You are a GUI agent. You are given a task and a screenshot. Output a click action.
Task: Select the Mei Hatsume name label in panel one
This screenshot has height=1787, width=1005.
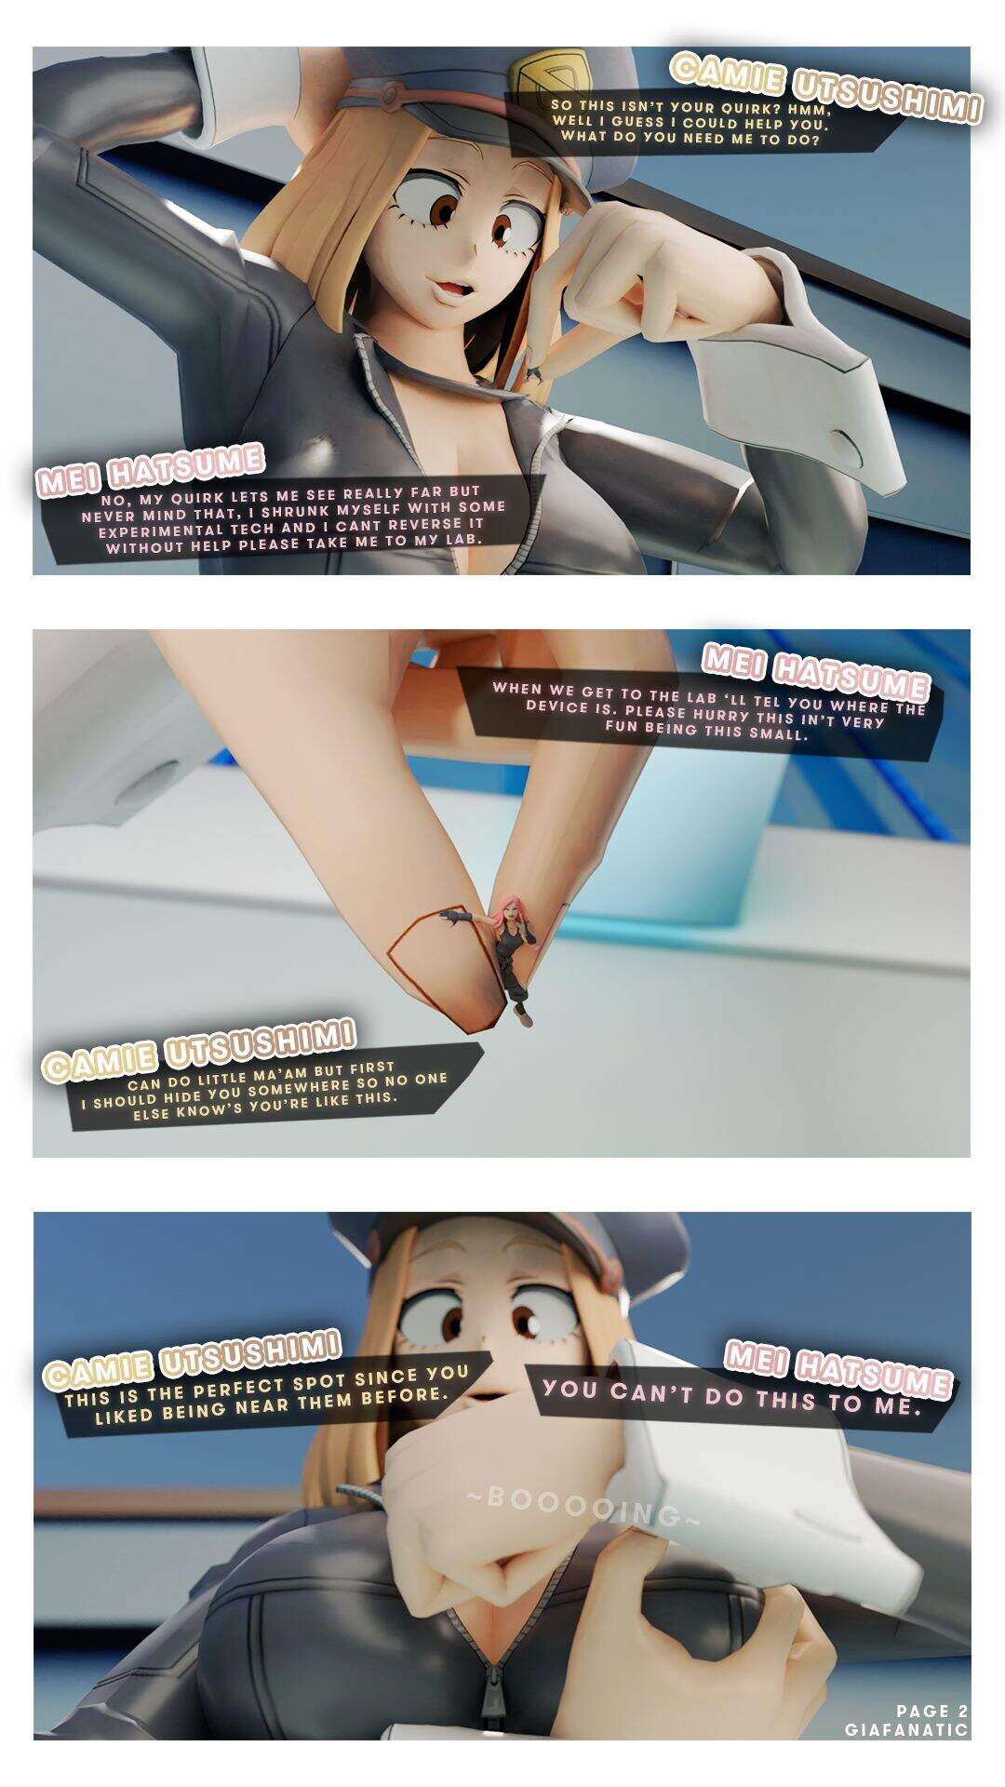150,466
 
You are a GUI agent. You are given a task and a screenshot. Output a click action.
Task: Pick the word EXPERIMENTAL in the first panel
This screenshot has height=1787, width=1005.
161,531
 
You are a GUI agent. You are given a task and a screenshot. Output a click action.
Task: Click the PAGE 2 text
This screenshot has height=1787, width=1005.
932,1711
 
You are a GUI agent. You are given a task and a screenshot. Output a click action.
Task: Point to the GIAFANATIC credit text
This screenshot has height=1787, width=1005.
906,1729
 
